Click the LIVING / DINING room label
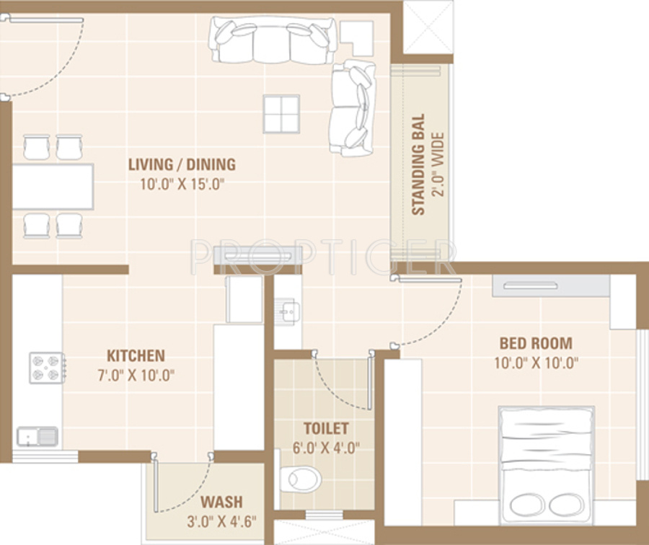[182, 164]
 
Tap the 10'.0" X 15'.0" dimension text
[182, 184]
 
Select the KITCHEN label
[136, 355]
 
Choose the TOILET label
[326, 428]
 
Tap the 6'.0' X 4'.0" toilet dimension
[326, 448]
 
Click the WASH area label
[221, 502]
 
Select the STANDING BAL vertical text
[418, 164]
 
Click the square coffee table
[281, 114]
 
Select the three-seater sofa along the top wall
[272, 40]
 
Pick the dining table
[53, 186]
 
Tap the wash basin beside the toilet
[288, 311]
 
